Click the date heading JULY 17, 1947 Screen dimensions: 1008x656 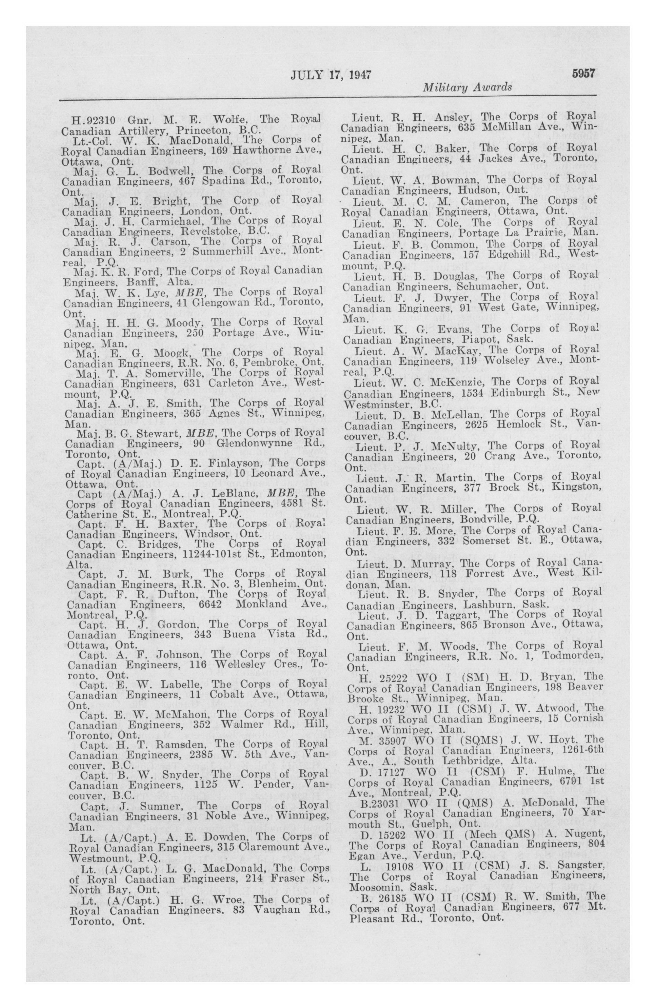click(x=331, y=75)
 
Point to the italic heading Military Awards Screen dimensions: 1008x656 click(x=467, y=88)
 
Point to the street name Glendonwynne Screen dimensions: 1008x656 click(x=254, y=443)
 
